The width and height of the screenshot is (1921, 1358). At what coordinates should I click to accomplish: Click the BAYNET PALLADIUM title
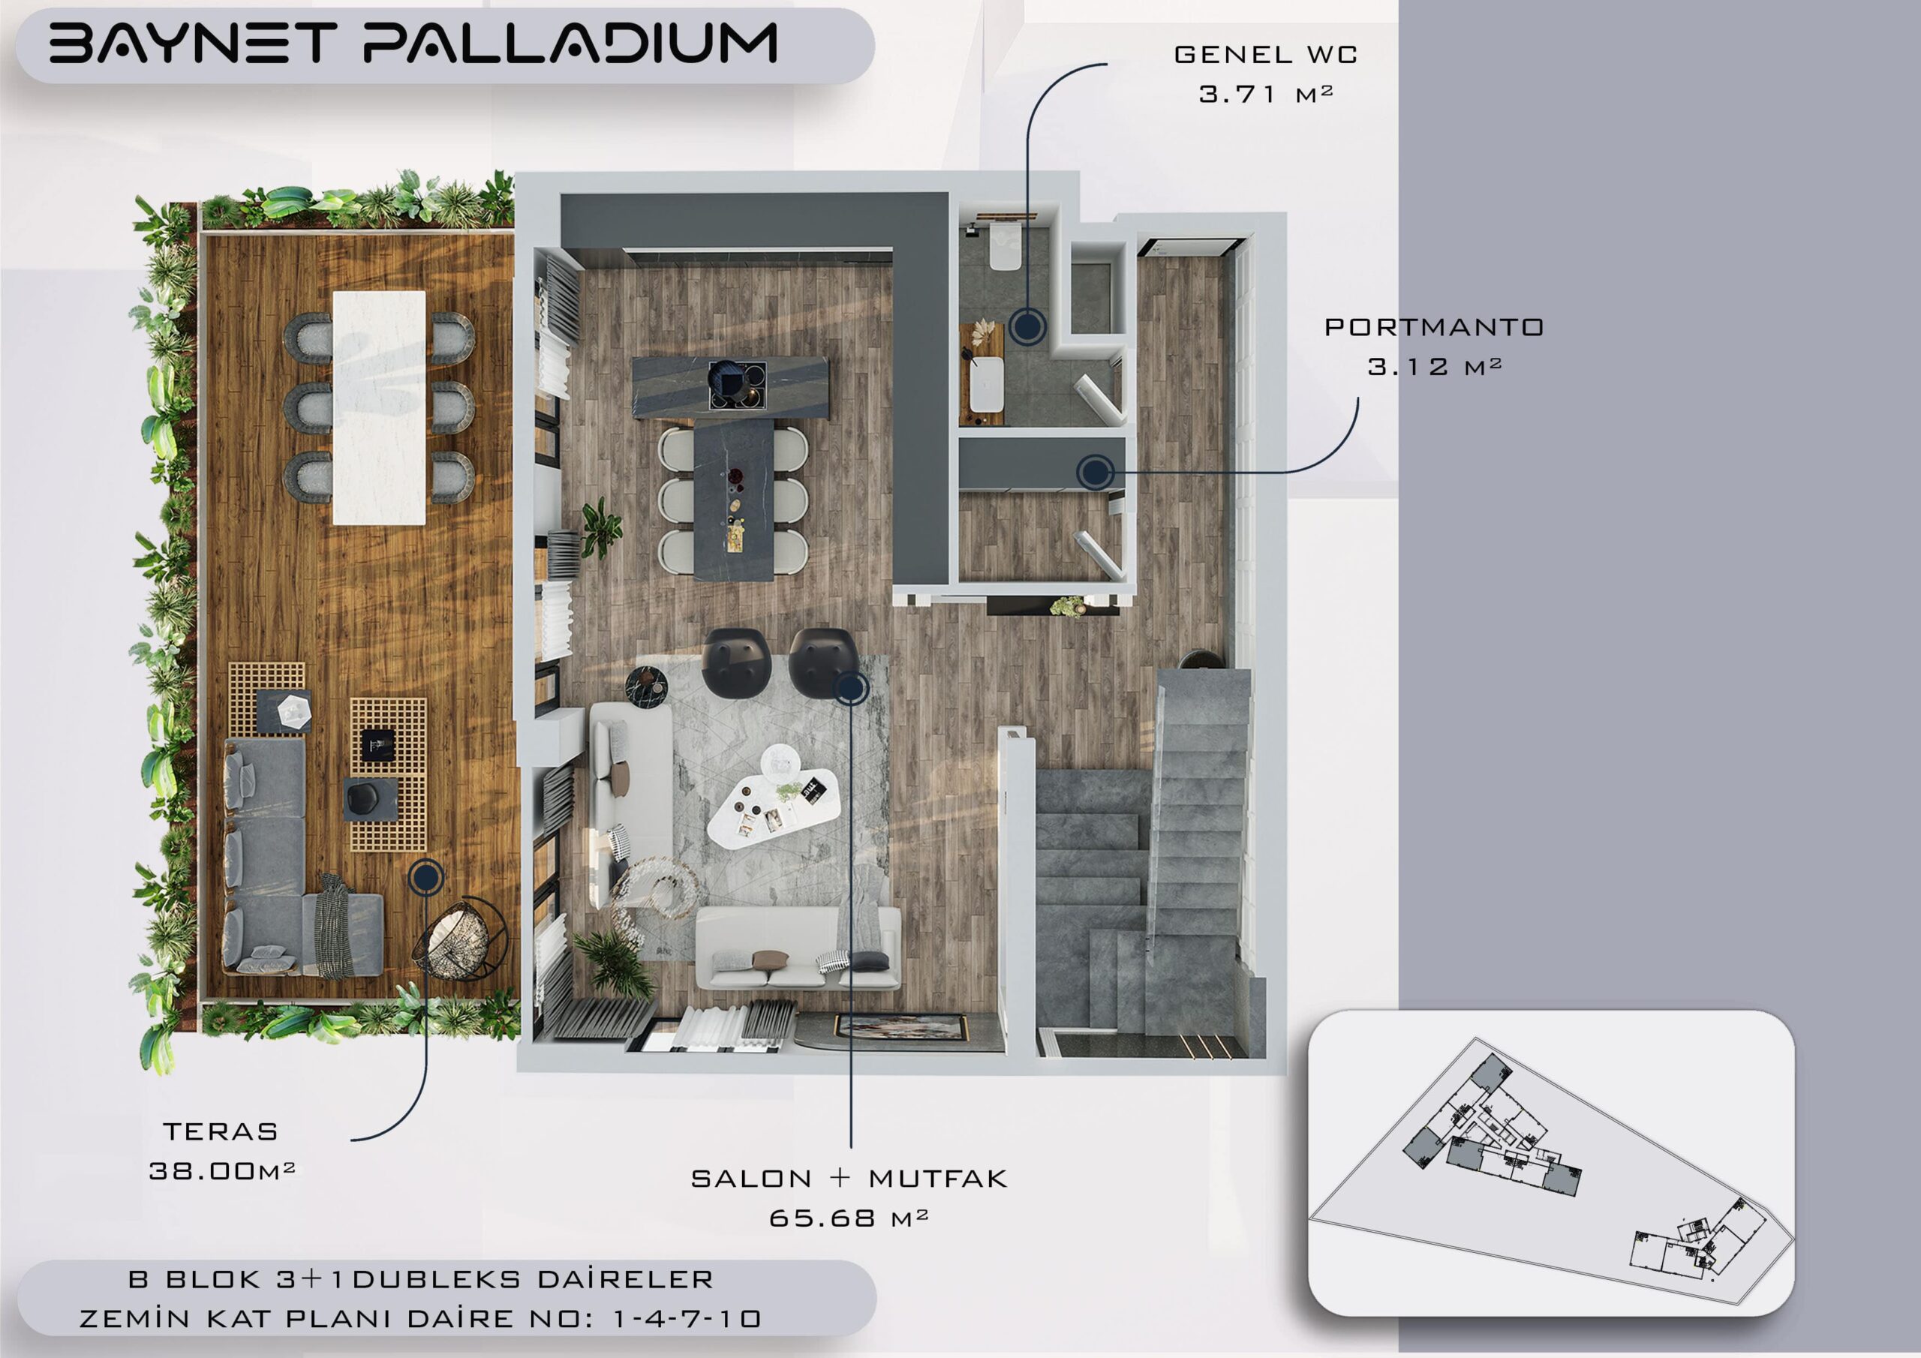coord(413,44)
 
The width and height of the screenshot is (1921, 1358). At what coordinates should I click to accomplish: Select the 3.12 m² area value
coord(1435,366)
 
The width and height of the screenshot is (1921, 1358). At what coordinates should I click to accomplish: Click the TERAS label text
coord(221,1132)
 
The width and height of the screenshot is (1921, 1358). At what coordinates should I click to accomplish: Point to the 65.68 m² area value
coord(849,1218)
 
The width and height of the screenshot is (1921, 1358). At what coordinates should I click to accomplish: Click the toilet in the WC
coord(1004,246)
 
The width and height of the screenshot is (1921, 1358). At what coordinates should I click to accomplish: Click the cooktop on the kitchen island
coord(736,386)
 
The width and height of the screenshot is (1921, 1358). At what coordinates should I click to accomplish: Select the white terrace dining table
coord(379,407)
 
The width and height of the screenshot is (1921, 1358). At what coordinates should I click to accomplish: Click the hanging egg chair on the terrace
coord(461,939)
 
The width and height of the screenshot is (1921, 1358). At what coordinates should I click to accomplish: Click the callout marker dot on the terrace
coord(426,878)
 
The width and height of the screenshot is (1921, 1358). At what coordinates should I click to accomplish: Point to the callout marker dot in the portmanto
coord(1094,473)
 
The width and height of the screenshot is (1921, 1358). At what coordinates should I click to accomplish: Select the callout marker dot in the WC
coord(1027,326)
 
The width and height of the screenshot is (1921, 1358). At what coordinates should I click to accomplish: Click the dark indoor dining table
coord(734,499)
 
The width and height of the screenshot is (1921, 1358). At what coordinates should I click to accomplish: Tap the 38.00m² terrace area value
coord(221,1171)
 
